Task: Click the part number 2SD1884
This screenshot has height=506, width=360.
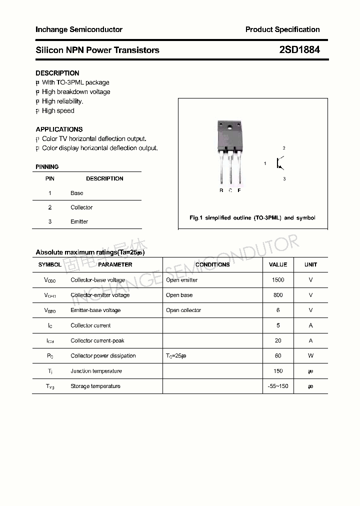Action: (x=299, y=50)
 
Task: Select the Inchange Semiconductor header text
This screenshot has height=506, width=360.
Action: (x=79, y=29)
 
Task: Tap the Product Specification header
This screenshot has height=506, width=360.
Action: (x=282, y=29)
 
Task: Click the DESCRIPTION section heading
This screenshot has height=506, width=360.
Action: (x=57, y=73)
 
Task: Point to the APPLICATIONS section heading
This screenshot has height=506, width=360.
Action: (x=59, y=129)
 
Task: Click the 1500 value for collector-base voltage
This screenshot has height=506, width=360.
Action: (x=278, y=280)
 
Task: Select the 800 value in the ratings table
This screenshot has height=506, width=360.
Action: (x=278, y=295)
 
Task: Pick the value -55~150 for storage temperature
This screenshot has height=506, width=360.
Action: (x=278, y=386)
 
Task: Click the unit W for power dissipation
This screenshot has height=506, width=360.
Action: (x=310, y=356)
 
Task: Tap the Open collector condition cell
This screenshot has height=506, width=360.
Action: (x=183, y=310)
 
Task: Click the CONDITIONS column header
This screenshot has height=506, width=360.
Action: (x=212, y=264)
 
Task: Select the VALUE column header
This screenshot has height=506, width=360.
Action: (x=278, y=264)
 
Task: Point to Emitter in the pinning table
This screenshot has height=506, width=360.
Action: (x=79, y=221)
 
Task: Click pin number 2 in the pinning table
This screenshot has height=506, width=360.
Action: (x=50, y=207)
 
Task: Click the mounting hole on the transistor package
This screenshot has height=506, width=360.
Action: (x=230, y=127)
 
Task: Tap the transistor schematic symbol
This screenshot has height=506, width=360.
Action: (x=279, y=163)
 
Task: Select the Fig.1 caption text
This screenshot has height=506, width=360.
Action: (x=252, y=218)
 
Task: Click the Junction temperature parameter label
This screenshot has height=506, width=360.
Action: (x=96, y=371)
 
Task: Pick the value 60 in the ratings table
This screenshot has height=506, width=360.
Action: (x=278, y=356)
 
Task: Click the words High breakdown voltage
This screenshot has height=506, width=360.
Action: (x=76, y=92)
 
